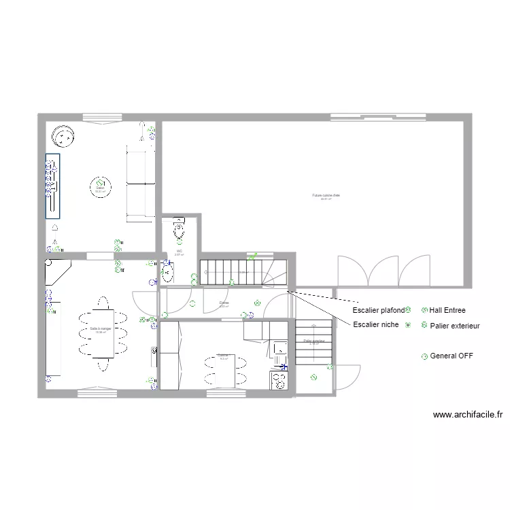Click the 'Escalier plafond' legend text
click(378, 309)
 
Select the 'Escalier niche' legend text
click(375, 324)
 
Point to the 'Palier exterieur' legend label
click(454, 326)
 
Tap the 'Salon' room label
click(100, 189)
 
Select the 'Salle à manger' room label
click(100, 329)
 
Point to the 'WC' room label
click(180, 251)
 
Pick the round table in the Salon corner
click(64, 138)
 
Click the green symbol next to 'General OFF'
click(425, 356)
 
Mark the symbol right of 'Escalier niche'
click(407, 325)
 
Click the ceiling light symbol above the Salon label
click(100, 182)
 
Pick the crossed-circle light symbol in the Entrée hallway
click(256, 303)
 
